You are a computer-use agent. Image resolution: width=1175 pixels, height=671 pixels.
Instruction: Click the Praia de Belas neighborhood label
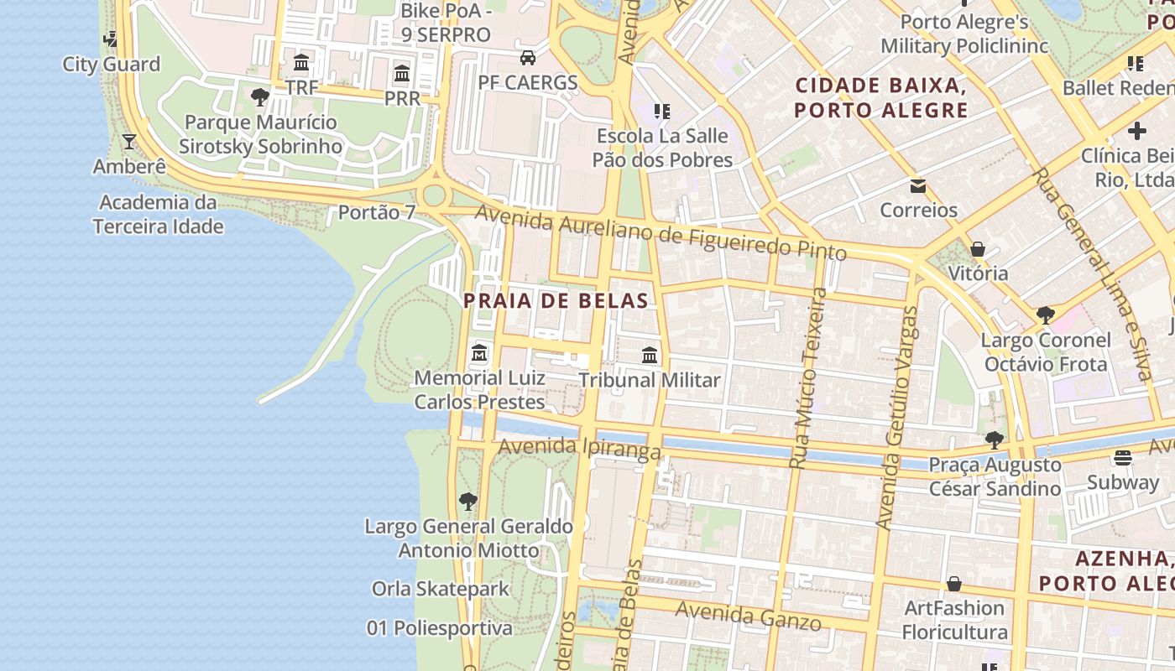556,301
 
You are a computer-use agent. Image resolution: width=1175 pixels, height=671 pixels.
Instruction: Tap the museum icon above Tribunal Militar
650,355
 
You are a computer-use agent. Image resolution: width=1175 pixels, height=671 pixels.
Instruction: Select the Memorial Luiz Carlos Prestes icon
479,352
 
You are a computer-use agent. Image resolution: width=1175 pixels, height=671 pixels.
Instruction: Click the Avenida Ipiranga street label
580,448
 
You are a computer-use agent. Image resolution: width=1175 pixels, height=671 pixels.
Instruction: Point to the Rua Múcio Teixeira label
809,378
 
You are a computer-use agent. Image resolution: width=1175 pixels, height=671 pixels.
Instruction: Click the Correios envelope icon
918,185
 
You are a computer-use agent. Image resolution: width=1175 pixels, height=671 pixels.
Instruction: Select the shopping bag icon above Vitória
977,249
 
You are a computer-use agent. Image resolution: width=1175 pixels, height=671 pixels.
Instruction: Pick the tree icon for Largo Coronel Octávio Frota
1045,315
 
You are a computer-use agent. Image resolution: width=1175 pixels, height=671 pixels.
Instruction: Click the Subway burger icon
1122,458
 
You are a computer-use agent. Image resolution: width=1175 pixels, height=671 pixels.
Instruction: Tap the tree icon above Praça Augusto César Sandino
995,440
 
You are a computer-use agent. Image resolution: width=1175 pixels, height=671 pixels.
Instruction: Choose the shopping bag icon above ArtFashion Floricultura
954,583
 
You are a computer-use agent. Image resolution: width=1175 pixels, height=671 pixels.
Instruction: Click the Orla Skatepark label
441,589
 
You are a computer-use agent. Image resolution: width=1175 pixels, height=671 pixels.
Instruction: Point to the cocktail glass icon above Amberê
129,141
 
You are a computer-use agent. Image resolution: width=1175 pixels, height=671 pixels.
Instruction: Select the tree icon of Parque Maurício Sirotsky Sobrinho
260,97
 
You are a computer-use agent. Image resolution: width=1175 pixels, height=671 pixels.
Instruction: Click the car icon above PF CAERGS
528,58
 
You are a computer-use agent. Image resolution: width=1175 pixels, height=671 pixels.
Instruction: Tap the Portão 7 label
377,212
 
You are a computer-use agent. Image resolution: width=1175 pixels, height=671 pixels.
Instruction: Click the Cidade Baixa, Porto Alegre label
881,97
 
